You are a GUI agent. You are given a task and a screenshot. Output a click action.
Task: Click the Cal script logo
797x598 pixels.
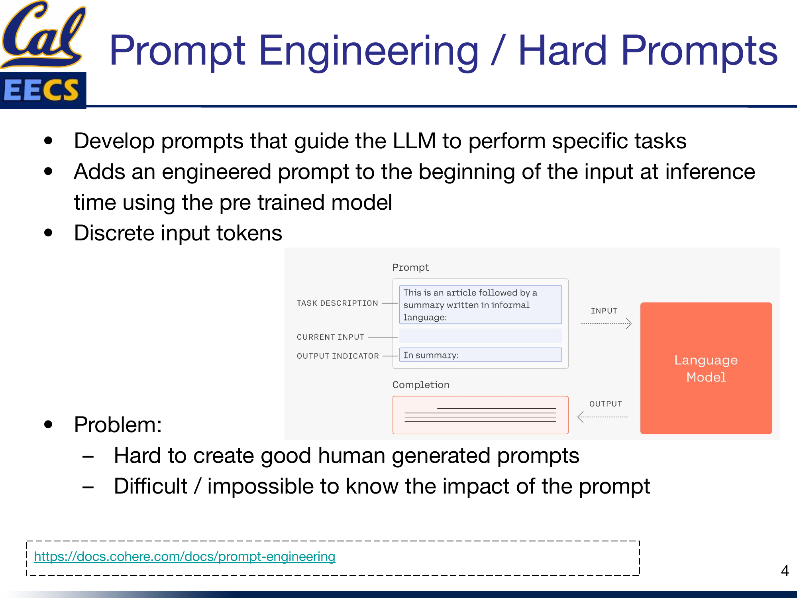[x=43, y=34]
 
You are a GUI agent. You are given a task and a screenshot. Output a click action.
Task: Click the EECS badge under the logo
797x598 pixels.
[x=42, y=90]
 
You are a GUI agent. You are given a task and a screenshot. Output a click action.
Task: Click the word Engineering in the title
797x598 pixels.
[x=368, y=51]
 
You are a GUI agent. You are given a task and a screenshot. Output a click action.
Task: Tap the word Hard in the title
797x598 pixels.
[x=562, y=51]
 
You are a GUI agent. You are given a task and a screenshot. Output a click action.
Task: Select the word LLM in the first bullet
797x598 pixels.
[x=414, y=141]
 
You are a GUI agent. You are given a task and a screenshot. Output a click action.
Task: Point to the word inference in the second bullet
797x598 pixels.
[x=710, y=172]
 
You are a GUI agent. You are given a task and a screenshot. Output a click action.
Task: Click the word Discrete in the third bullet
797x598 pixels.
[x=114, y=233]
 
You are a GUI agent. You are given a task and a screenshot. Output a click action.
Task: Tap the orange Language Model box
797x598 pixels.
[x=706, y=368]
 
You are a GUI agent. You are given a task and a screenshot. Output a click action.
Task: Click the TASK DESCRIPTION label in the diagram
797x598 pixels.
[x=337, y=303]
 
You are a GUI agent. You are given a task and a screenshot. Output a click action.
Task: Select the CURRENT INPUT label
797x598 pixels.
[x=330, y=337]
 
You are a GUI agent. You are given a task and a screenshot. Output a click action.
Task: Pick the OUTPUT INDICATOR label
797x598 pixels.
[x=338, y=356]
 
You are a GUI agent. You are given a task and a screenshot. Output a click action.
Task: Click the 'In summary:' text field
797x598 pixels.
[x=480, y=355]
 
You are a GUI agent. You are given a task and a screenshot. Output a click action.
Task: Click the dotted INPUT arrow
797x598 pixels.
[x=605, y=323]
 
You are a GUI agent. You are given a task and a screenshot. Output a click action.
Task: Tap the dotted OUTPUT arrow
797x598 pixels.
[x=603, y=417]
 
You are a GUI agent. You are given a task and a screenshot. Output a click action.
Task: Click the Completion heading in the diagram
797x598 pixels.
[x=421, y=385]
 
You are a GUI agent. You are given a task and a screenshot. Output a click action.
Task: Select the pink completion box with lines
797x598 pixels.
[x=480, y=415]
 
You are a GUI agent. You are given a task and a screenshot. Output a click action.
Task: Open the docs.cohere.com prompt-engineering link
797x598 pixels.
[x=185, y=557]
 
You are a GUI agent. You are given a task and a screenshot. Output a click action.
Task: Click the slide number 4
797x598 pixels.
[x=785, y=571]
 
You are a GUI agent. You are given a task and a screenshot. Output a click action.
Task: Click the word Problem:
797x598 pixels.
[x=118, y=425]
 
